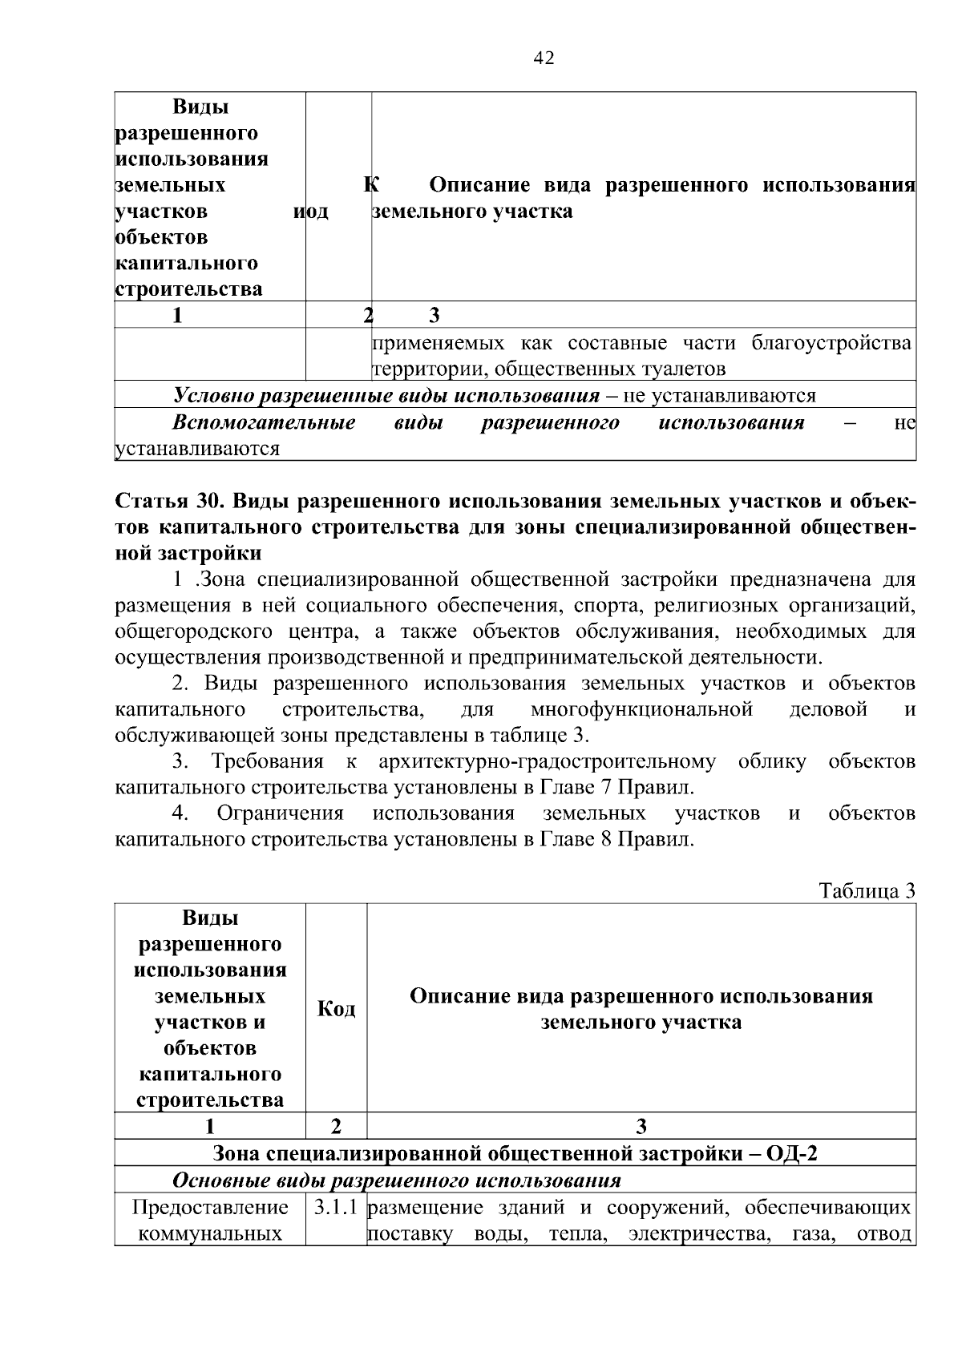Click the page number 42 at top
click(x=544, y=59)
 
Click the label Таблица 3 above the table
click(x=867, y=891)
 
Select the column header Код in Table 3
click(x=337, y=1008)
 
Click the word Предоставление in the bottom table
click(x=210, y=1207)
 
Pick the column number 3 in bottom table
click(x=641, y=1126)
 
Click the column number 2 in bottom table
click(x=337, y=1126)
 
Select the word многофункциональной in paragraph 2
click(x=641, y=709)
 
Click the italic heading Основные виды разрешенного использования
click(x=397, y=1180)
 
